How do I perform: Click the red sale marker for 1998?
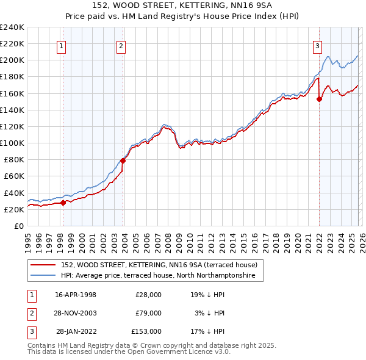coord(63,203)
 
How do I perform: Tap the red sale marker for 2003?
coord(123,161)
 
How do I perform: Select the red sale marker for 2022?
coord(319,100)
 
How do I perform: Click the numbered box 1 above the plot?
coord(62,45)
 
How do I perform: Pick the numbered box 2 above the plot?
coord(121,45)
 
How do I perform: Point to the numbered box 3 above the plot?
coord(318,45)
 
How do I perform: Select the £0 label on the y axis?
coord(18,226)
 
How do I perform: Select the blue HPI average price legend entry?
coord(162,276)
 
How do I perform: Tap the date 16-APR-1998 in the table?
coord(76,294)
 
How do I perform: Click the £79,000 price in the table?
coord(147,312)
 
